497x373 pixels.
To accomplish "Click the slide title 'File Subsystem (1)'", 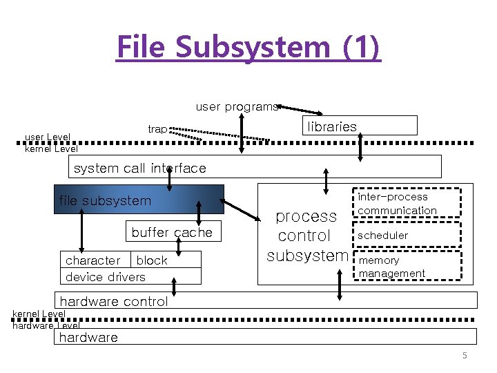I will click(248, 47).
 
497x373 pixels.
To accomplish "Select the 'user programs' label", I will click(236, 106).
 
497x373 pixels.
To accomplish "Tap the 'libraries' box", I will click(360, 126).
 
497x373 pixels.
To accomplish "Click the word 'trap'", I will click(157, 129).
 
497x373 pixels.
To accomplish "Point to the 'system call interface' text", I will click(139, 168).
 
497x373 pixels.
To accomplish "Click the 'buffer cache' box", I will click(172, 233).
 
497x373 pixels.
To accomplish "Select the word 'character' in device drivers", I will click(92, 260).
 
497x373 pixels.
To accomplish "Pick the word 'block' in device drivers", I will click(152, 260).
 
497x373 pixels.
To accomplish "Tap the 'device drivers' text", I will click(105, 277).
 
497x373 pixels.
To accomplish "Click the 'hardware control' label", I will click(114, 301).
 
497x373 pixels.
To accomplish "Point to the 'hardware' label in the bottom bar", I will click(88, 338).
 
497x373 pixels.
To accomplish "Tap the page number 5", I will click(465, 356).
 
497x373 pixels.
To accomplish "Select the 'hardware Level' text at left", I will click(46, 325).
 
